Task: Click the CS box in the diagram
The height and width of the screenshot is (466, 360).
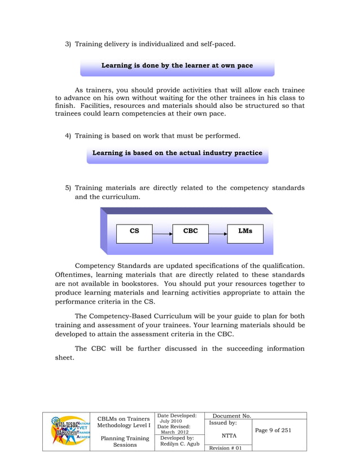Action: (134, 231)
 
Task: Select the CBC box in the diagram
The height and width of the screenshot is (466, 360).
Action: (191, 231)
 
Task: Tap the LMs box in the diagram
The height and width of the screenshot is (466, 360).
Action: (245, 231)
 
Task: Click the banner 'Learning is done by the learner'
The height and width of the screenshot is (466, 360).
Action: (177, 66)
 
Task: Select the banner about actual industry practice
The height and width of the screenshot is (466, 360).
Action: (177, 153)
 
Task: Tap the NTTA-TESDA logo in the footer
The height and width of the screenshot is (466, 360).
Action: (71, 432)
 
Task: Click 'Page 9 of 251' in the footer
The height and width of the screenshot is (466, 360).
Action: (273, 430)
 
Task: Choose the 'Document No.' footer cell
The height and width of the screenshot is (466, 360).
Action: (231, 416)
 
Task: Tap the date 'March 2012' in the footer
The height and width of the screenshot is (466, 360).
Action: (175, 432)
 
